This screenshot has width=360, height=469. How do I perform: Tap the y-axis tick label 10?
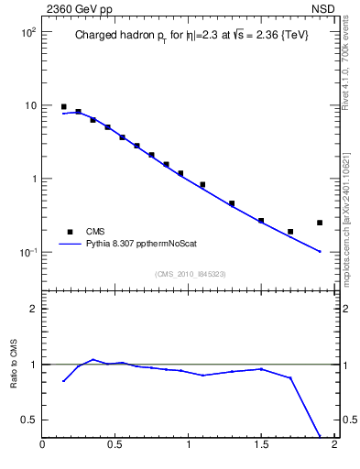29,105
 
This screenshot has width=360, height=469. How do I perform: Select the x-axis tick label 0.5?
115,446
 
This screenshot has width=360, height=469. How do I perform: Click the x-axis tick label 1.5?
261,446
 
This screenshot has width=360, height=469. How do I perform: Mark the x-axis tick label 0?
42,446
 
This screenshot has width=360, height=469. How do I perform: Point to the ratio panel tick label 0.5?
29,420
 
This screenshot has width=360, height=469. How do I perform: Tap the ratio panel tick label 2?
33,309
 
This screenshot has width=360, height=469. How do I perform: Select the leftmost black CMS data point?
63,107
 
